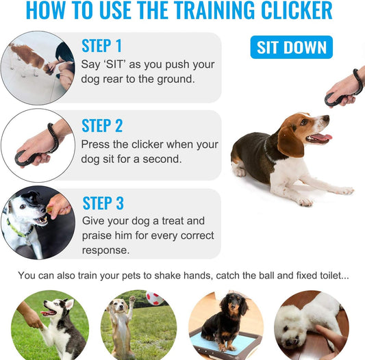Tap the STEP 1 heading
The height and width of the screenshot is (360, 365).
tap(101, 46)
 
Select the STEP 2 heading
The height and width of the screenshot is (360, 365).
tap(102, 126)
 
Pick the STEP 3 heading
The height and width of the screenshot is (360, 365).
tap(103, 203)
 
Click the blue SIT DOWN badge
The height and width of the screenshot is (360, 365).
tap(291, 47)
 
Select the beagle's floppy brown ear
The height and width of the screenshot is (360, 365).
tap(290, 142)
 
